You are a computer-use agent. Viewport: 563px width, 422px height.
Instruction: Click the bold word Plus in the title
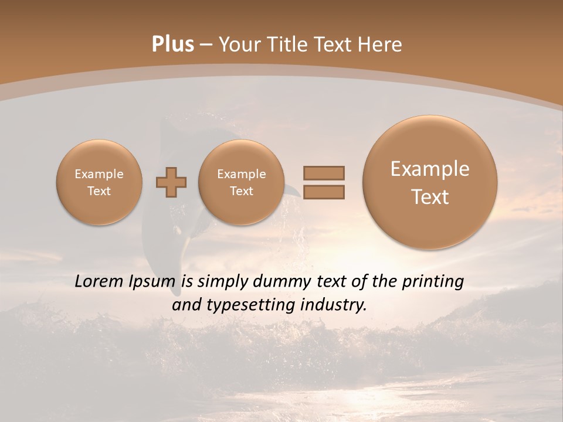[x=172, y=45]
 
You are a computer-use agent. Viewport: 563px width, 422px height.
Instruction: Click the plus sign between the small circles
[x=171, y=182]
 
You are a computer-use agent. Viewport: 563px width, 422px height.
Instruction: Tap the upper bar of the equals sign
[x=324, y=173]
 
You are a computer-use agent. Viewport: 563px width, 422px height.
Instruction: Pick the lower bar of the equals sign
[x=324, y=192]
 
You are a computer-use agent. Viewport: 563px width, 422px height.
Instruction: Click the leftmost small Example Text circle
[x=99, y=182]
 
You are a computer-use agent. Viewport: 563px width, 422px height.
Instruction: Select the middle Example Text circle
[x=242, y=182]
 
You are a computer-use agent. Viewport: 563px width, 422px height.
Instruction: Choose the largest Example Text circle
[x=430, y=182]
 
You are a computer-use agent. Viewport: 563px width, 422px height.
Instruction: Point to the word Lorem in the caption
[x=98, y=282]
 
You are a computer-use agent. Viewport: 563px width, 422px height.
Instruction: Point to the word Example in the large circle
[x=430, y=169]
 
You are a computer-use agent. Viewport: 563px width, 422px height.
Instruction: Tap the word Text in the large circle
[x=430, y=197]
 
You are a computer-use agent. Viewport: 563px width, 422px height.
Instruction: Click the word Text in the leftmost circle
[x=99, y=191]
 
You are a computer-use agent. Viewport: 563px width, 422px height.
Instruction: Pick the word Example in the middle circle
[x=242, y=174]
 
